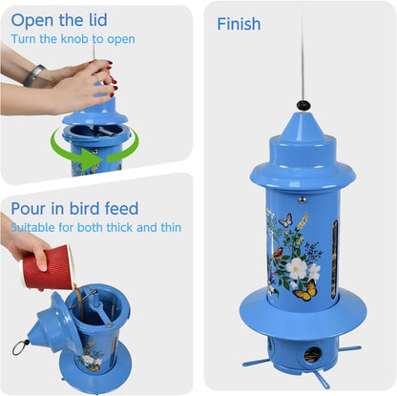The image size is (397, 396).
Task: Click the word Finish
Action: (240, 25)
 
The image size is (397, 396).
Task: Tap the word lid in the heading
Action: (94, 20)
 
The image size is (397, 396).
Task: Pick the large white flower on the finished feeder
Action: (299, 269)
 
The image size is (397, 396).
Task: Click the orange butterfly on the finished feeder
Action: (305, 291)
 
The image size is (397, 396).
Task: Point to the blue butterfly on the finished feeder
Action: (285, 220)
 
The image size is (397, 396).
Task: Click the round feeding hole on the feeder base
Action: (310, 355)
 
